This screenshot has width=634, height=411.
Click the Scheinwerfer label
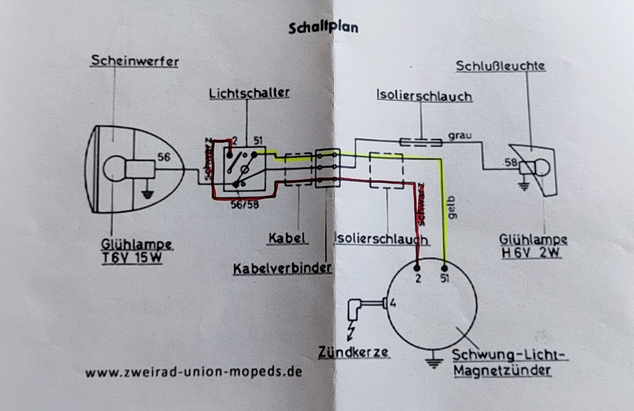135,61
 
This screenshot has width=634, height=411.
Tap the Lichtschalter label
249,93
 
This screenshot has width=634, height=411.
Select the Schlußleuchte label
500,66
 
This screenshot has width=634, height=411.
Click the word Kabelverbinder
282,268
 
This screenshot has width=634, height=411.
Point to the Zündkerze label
353,352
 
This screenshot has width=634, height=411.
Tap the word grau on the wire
460,136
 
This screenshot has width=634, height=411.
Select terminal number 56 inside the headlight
164,158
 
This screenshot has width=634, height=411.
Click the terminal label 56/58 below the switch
245,205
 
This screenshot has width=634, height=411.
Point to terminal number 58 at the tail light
511,162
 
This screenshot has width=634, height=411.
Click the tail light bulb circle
541,168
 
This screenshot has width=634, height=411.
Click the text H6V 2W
531,253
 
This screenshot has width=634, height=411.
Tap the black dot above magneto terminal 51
444,268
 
